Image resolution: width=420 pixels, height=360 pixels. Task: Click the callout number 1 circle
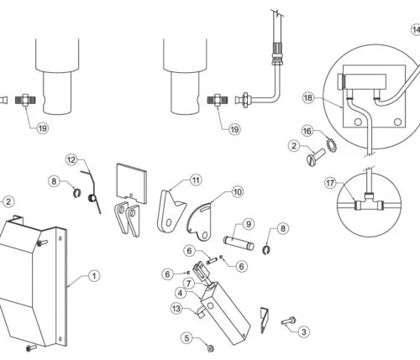(x=94, y=274)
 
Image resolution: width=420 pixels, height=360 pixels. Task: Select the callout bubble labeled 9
(x=249, y=224)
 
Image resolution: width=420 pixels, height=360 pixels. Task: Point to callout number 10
(x=238, y=192)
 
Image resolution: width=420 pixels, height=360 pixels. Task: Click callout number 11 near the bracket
(x=195, y=180)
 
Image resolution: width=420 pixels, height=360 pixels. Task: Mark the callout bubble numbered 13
(x=176, y=309)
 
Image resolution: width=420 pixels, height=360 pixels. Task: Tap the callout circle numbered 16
(x=308, y=131)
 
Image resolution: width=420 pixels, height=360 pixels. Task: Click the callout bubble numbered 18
(x=308, y=98)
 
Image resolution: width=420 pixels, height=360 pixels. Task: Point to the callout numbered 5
(x=186, y=339)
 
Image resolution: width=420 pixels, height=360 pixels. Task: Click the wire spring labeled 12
(x=93, y=190)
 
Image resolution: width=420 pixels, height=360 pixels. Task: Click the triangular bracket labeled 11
(x=171, y=211)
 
